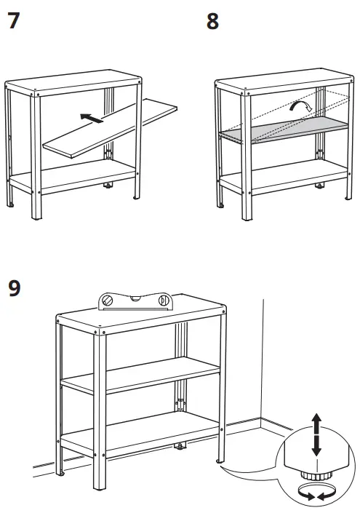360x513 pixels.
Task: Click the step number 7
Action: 13,21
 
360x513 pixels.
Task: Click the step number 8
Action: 212,21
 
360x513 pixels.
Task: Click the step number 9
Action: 14,288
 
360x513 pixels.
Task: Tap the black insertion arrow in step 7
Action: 91,116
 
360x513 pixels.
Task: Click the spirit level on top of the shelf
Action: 137,300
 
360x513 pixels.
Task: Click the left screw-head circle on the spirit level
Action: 108,300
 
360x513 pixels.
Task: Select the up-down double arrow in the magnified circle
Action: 316,434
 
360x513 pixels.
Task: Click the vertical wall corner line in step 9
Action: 262,364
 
